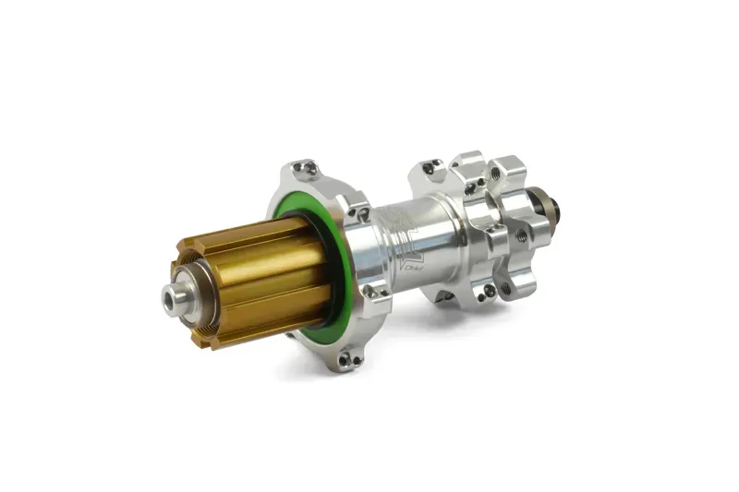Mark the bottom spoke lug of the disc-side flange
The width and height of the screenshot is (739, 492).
pyautogui.click(x=443, y=296)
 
